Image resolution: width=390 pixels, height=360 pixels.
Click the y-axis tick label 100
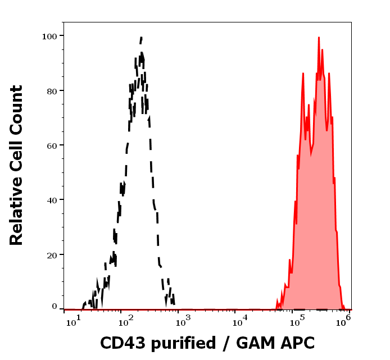[x=49, y=36]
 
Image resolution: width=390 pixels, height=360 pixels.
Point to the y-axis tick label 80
[x=52, y=90]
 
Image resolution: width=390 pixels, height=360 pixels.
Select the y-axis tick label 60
[x=52, y=145]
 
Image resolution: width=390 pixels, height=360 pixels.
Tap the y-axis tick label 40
[x=52, y=200]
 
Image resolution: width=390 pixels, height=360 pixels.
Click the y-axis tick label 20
[x=52, y=255]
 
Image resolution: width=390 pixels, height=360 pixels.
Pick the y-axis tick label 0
[x=55, y=307]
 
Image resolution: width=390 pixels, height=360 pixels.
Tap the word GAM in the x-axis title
[x=256, y=343]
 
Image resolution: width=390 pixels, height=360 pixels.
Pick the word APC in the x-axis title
[x=299, y=343]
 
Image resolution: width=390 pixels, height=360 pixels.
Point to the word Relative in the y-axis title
[x=17, y=199]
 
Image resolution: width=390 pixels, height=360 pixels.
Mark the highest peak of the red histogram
[x=319, y=38]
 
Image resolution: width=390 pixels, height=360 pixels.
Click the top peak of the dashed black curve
[x=142, y=37]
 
